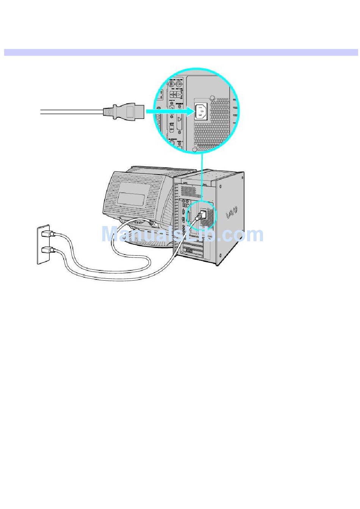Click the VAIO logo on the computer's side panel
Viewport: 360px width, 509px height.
click(x=232, y=212)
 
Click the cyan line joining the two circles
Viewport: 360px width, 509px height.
click(x=202, y=176)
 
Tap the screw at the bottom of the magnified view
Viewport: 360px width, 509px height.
click(x=195, y=150)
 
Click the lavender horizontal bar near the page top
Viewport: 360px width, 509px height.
click(x=181, y=52)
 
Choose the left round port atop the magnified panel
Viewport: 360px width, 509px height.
click(x=171, y=83)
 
